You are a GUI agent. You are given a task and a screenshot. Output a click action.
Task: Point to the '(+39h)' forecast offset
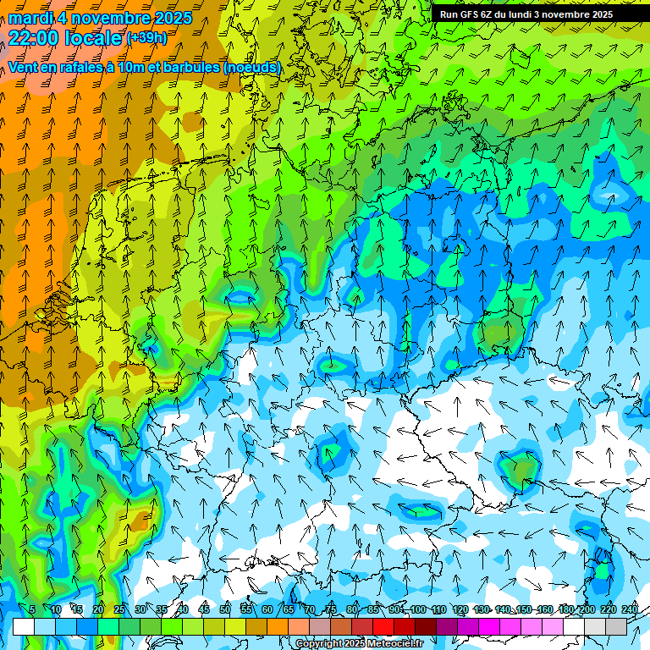click(146, 38)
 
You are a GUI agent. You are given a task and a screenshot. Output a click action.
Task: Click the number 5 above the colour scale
click(32, 609)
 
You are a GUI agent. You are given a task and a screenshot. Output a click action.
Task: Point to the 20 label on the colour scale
click(98, 609)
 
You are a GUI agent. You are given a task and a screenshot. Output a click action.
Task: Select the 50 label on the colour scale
click(225, 609)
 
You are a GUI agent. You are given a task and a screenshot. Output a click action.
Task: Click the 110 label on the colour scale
click(438, 609)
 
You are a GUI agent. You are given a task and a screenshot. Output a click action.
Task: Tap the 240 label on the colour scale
click(630, 609)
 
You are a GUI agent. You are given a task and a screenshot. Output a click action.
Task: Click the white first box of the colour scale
click(24, 626)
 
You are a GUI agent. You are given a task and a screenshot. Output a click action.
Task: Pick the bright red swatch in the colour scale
click(383, 626)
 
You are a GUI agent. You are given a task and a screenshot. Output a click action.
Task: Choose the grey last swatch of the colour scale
click(616, 626)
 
